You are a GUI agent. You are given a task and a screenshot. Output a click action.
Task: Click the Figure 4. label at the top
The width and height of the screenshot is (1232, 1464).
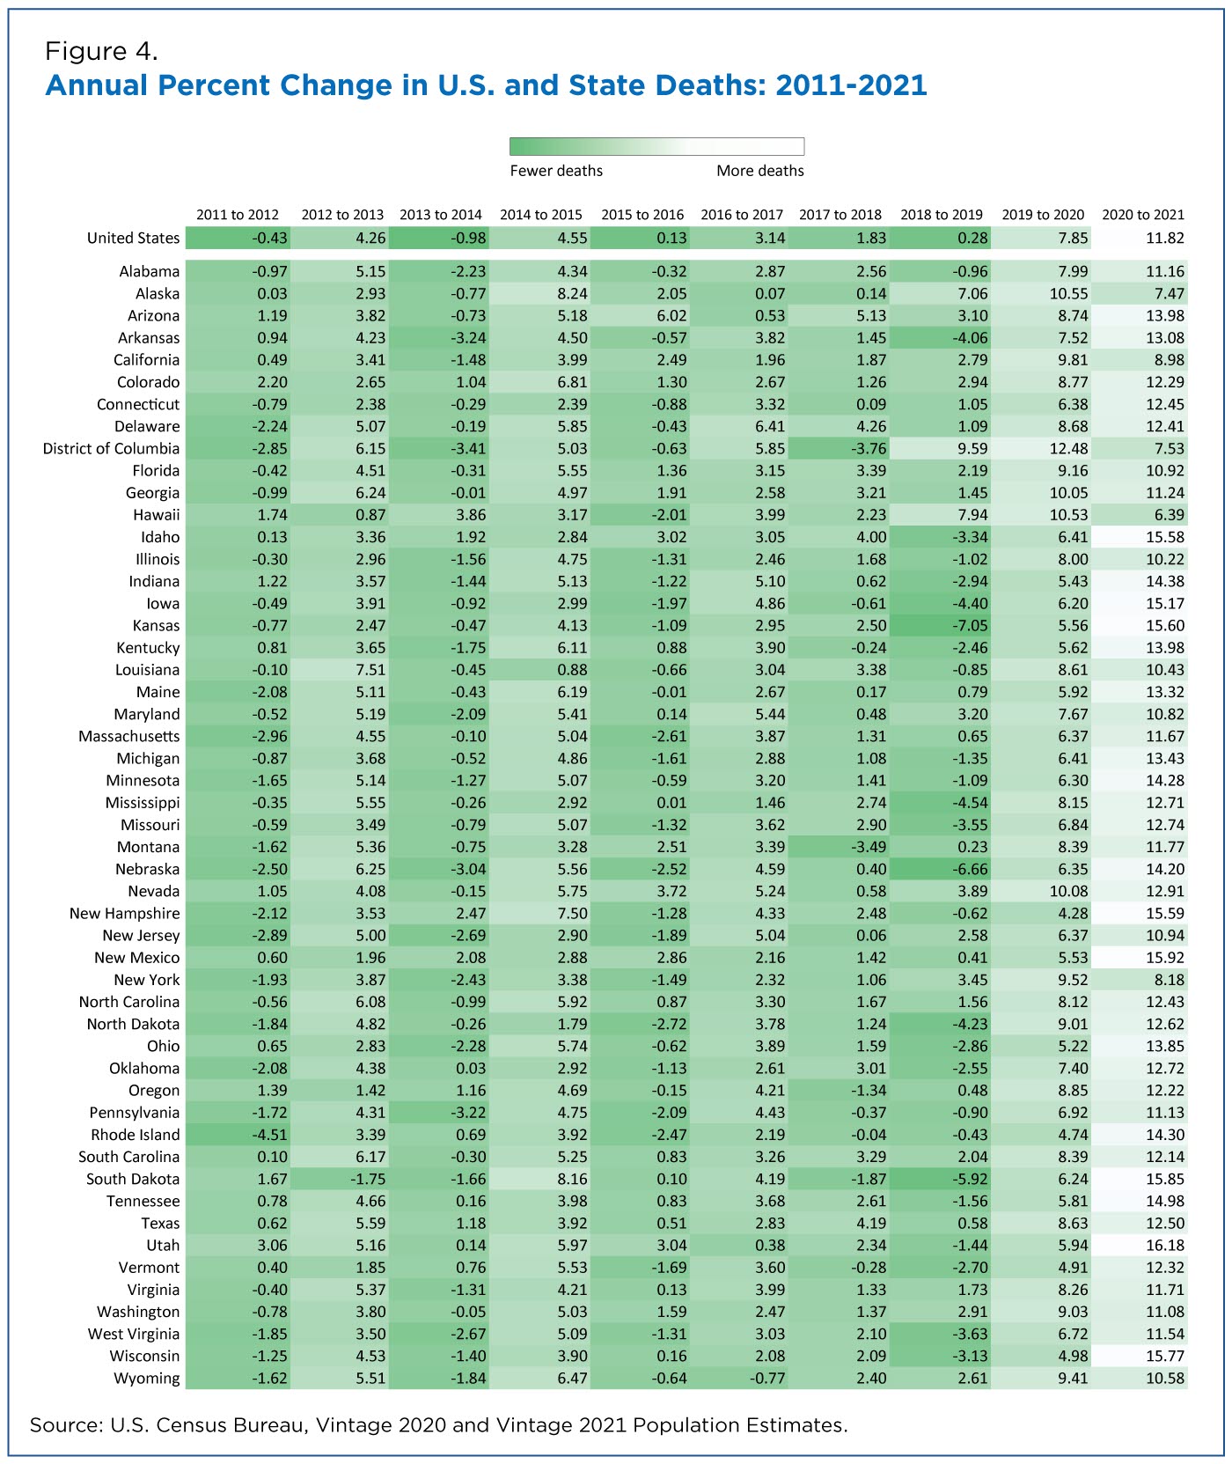pos(101,51)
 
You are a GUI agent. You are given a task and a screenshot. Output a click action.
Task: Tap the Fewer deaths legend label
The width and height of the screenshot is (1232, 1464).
pos(556,171)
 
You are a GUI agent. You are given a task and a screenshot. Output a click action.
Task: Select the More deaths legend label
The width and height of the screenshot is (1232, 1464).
pos(760,171)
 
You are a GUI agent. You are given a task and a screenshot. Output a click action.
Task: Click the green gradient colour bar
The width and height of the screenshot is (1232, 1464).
pos(656,146)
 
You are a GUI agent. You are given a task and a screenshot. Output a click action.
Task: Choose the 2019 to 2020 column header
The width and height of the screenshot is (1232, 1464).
pos(1043,215)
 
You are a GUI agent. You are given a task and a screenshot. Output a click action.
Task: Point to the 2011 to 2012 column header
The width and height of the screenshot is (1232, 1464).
pos(238,215)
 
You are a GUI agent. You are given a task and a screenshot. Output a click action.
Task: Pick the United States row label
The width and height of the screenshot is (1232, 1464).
pos(133,239)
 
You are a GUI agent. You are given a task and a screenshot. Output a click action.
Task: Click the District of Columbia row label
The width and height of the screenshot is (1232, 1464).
pos(111,449)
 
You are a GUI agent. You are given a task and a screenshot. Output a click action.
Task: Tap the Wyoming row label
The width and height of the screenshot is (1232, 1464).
pos(146,1379)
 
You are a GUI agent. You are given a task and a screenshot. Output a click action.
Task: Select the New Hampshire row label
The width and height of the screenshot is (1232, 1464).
pos(124,914)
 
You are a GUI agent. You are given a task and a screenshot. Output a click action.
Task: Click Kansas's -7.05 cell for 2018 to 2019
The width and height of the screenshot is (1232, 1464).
pos(939,626)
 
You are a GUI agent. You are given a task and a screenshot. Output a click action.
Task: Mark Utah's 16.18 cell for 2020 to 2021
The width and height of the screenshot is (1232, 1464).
pos(1140,1246)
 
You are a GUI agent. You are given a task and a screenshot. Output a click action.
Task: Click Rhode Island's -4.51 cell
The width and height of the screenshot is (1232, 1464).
pos(238,1135)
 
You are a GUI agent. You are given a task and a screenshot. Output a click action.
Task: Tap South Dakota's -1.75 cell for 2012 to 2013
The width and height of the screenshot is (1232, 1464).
pos(339,1180)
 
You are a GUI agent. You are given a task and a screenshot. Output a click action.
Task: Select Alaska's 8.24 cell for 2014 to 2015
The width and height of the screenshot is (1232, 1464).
pos(539,294)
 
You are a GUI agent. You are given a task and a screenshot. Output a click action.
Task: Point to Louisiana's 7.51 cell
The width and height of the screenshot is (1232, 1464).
pos(339,670)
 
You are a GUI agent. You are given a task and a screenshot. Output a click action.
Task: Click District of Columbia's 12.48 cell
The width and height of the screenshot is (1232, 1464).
pos(1040,449)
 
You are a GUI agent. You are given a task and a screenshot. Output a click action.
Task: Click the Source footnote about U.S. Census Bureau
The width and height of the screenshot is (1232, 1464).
pos(438,1425)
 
